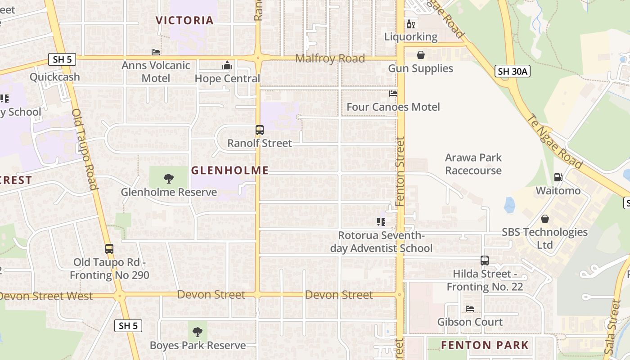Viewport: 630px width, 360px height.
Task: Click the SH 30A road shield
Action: pos(513,71)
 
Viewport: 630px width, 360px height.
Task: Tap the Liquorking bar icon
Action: pos(410,24)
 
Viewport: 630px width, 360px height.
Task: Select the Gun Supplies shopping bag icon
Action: pos(420,55)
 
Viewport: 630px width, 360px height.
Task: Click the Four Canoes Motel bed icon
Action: pos(393,94)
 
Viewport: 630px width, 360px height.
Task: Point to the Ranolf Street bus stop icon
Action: pos(260,130)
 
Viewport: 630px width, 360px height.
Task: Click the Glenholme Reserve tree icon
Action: pos(169,179)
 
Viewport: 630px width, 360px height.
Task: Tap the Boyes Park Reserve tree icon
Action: pos(198,332)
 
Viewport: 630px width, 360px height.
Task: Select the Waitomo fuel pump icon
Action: pos(558,177)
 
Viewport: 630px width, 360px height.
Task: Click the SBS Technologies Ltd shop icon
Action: pos(545,219)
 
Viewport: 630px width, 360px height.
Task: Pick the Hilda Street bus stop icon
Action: pos(484,261)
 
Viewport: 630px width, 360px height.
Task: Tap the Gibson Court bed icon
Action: pos(470,309)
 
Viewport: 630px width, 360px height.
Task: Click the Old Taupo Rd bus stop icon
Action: pos(109,249)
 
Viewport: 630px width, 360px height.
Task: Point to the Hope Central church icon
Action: pos(227,66)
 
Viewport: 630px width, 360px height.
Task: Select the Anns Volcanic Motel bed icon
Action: pos(156,52)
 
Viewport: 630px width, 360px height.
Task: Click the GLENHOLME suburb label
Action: pos(230,170)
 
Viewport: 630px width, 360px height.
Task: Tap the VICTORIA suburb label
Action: pos(184,20)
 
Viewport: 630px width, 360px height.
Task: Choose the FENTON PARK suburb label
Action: pos(485,345)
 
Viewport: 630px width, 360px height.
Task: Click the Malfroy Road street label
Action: pos(330,58)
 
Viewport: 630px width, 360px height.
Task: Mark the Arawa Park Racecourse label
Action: pos(473,164)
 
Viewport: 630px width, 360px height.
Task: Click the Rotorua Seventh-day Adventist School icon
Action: pos(381,222)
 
